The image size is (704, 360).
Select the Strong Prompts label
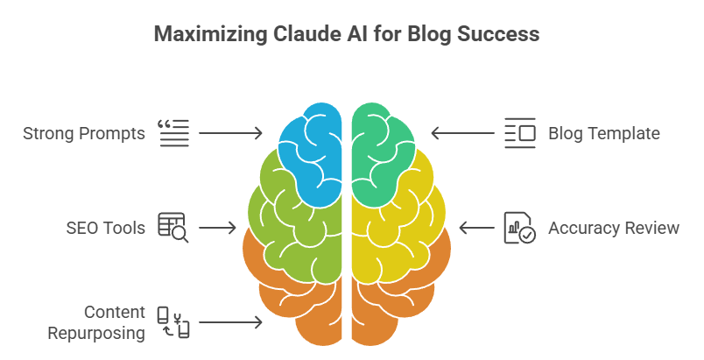(x=84, y=134)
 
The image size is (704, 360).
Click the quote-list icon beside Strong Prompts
(x=172, y=133)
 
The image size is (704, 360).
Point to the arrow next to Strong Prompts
(x=230, y=133)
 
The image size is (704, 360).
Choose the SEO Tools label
(x=105, y=228)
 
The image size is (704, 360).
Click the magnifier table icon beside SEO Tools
(x=172, y=227)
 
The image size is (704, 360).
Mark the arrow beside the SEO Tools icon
(x=217, y=228)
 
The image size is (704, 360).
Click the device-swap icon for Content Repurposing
(x=172, y=322)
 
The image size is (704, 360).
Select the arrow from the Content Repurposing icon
(x=230, y=322)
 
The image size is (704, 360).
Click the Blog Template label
(x=604, y=134)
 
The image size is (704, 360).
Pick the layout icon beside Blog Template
(x=520, y=133)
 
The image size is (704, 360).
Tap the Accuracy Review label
(x=614, y=228)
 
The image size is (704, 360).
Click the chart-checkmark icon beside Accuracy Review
(x=520, y=228)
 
